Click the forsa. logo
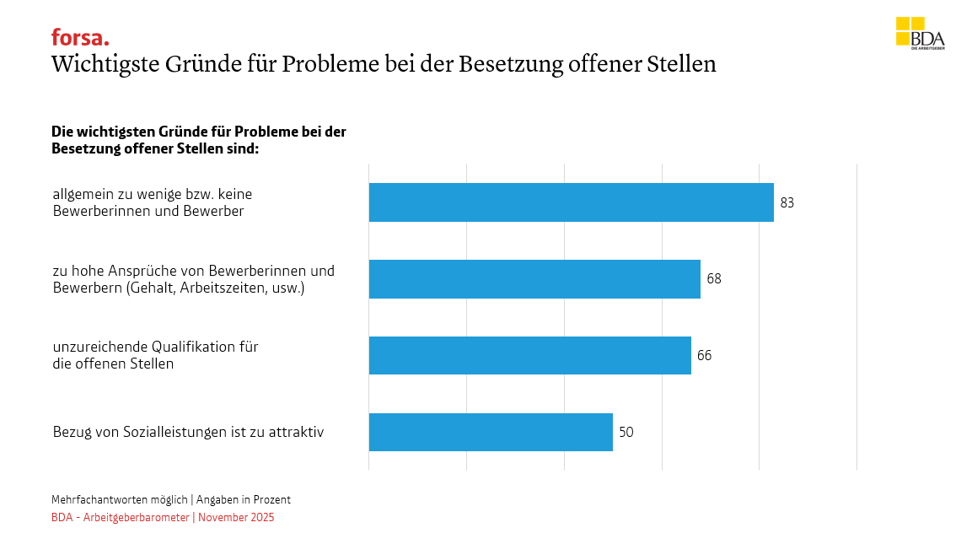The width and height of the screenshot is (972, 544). tap(80, 38)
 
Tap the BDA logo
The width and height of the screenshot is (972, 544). tap(920, 33)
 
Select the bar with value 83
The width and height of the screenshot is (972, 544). tap(571, 202)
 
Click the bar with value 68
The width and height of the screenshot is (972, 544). tap(534, 279)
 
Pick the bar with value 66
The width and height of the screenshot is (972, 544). tap(529, 355)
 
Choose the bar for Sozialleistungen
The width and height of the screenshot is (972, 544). tap(491, 432)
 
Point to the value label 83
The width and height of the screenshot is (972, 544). tap(787, 203)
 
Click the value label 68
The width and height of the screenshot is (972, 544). tap(714, 279)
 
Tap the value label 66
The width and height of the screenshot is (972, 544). tap(705, 356)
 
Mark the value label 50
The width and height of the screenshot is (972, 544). tap(626, 433)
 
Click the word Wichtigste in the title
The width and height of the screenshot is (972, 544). tap(105, 65)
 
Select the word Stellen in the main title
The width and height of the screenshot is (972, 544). tap(680, 65)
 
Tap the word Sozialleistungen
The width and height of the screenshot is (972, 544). tap(164, 432)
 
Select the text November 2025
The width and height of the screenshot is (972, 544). tap(236, 518)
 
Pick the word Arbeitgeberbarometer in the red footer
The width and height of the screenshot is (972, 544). tap(137, 518)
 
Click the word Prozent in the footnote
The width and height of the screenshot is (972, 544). tap(271, 500)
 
